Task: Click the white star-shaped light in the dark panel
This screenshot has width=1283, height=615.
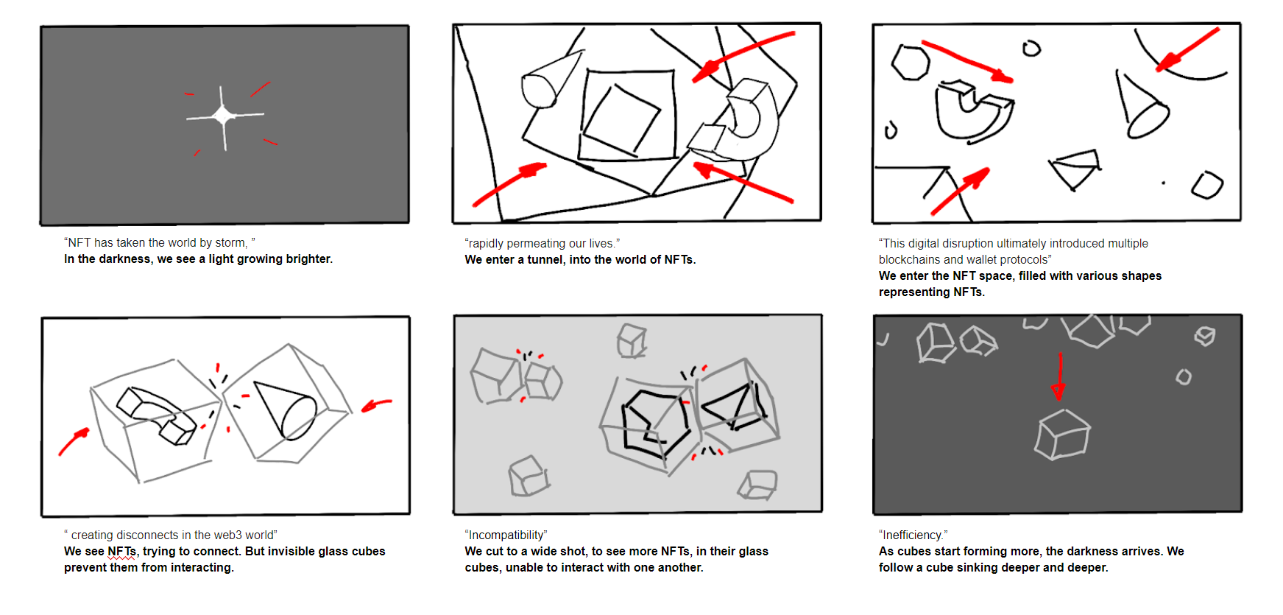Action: click(x=224, y=116)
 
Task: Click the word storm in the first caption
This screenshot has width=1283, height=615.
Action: click(x=230, y=243)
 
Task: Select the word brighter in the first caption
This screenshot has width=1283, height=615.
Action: click(x=309, y=259)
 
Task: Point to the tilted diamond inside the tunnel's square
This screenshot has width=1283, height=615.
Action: click(x=622, y=119)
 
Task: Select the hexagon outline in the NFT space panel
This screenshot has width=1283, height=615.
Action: click(x=911, y=62)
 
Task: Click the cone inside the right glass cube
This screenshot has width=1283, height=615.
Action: click(x=286, y=410)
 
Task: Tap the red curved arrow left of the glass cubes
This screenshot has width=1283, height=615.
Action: click(x=73, y=441)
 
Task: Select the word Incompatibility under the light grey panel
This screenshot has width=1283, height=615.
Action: click(x=506, y=535)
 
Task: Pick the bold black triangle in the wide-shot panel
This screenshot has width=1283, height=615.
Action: click(x=733, y=407)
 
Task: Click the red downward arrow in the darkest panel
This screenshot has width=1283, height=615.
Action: click(x=1059, y=376)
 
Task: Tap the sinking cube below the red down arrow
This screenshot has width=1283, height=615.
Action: click(x=1062, y=435)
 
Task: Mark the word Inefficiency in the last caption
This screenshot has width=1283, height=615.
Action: click(x=913, y=535)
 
